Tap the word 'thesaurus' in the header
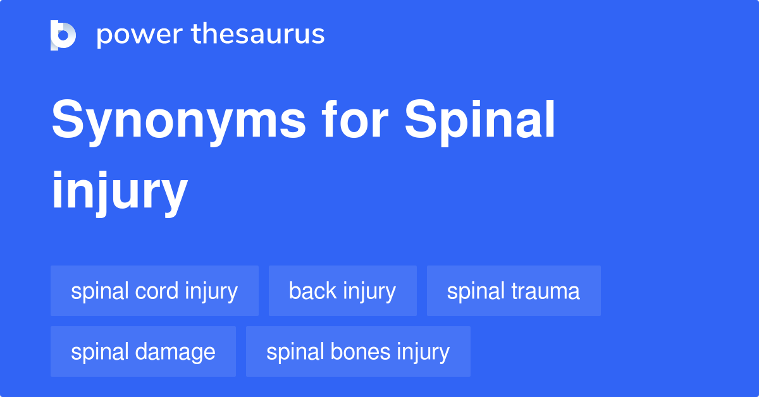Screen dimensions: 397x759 pyautogui.click(x=258, y=34)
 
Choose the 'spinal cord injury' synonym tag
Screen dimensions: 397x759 pyautogui.click(x=154, y=291)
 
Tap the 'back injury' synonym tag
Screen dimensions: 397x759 pyautogui.click(x=342, y=291)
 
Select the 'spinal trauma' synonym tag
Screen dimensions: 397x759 pyautogui.click(x=514, y=291)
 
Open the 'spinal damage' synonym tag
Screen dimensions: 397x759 pyautogui.click(x=143, y=351)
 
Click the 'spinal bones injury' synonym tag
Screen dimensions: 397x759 pyautogui.click(x=358, y=351)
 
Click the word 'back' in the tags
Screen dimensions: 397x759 pyautogui.click(x=313, y=291)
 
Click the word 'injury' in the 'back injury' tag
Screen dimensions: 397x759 pyautogui.click(x=369, y=291)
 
